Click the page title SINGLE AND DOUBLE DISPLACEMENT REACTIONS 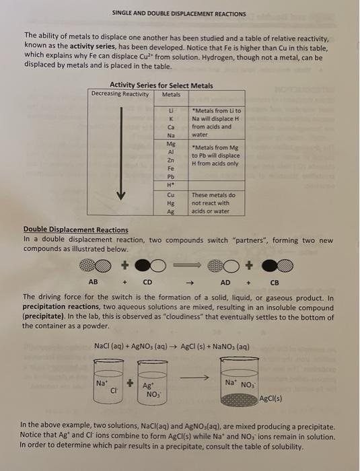[x=179, y=14]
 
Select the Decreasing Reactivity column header [x=120, y=94]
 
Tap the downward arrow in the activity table [x=121, y=153]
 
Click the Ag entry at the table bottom [x=171, y=211]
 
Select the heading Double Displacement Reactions [x=76, y=230]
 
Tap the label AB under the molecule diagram [x=93, y=282]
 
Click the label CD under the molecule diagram [x=147, y=283]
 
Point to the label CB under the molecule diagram [x=275, y=283]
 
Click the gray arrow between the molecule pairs [x=187, y=265]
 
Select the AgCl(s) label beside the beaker [x=271, y=399]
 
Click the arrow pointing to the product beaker [x=194, y=377]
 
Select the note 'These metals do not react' [x=213, y=203]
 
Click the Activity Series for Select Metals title [x=161, y=85]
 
